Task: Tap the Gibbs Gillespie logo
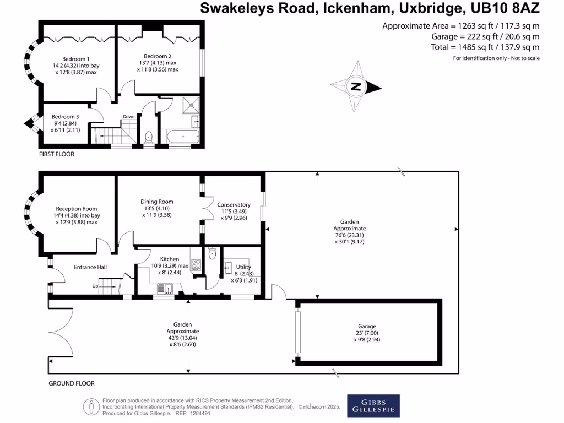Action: [x=373, y=406]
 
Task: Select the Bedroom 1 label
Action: [x=76, y=59]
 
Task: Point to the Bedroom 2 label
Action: [x=158, y=56]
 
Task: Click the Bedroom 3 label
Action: [x=66, y=117]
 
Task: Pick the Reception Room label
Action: [x=75, y=209]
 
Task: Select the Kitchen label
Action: [x=170, y=259]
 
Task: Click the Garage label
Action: [x=367, y=326]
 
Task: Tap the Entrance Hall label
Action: [x=90, y=267]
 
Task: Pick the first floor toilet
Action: [x=149, y=137]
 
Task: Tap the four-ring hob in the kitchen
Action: [x=195, y=263]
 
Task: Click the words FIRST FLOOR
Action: [x=56, y=154]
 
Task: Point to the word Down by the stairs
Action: [x=128, y=117]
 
